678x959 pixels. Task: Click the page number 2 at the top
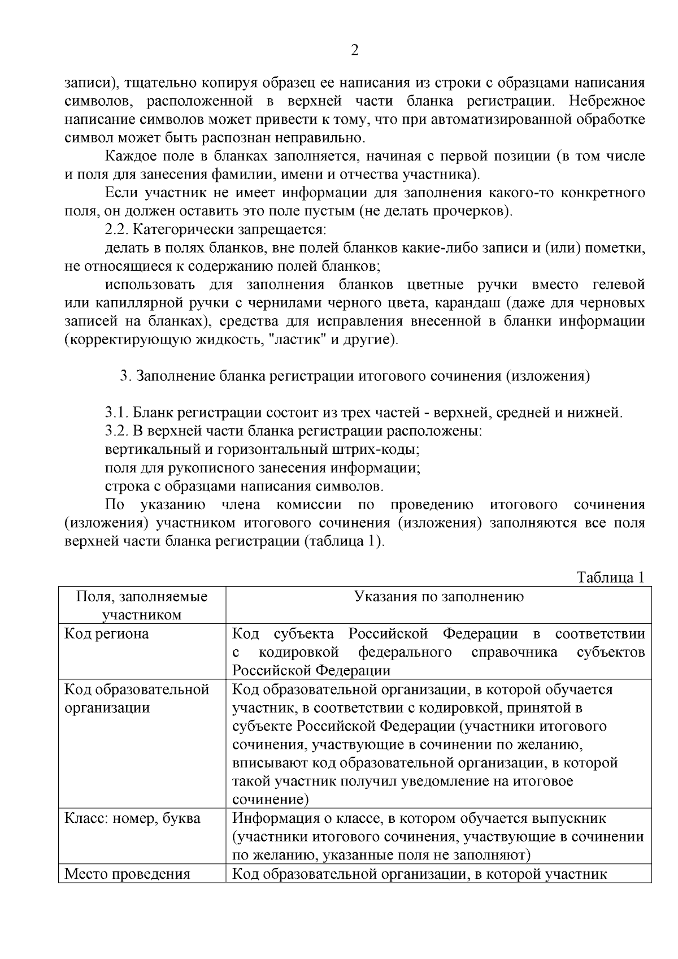pyautogui.click(x=354, y=51)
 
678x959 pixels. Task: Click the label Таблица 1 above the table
pyautogui.click(x=610, y=578)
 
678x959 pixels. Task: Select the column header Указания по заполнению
pyautogui.click(x=438, y=597)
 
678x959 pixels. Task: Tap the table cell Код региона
pyautogui.click(x=107, y=633)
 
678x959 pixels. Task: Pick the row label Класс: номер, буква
pyautogui.click(x=132, y=818)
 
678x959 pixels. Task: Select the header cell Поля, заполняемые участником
pyautogui.click(x=142, y=605)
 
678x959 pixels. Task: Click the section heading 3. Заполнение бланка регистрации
pyautogui.click(x=355, y=376)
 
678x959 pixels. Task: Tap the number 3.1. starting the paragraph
pyautogui.click(x=117, y=413)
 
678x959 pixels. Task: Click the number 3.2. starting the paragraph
pyautogui.click(x=117, y=431)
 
